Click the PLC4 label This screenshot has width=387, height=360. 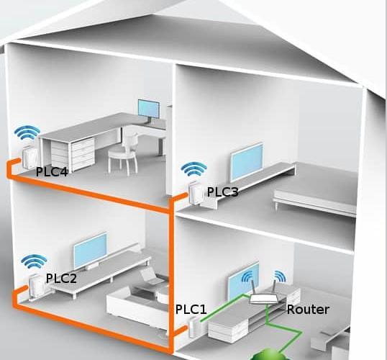click(x=52, y=172)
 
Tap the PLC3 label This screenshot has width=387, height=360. click(x=222, y=192)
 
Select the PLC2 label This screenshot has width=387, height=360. click(x=61, y=278)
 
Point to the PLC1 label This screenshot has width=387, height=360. click(x=191, y=310)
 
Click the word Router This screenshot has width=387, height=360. click(x=308, y=310)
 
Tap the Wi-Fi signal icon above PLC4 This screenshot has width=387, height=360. click(x=27, y=133)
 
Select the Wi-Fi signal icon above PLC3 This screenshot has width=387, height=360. click(x=193, y=169)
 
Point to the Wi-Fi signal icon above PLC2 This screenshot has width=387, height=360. click(x=34, y=262)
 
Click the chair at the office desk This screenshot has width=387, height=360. click(x=124, y=154)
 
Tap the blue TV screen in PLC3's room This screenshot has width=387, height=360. click(x=247, y=162)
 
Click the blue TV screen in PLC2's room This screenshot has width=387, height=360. click(x=91, y=251)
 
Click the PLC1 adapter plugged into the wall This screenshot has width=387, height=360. click(x=194, y=328)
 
